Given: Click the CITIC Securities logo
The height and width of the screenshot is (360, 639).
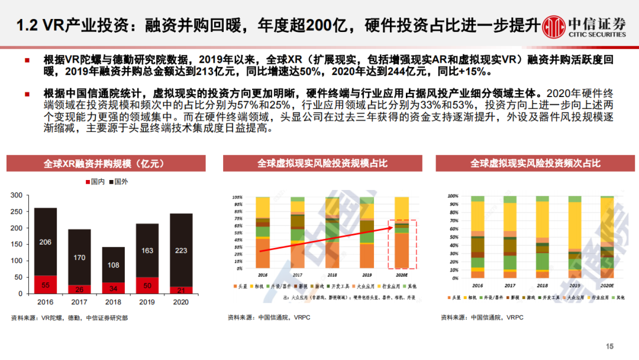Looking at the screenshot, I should (x=586, y=26).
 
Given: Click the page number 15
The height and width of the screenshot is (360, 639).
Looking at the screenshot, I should (x=611, y=346).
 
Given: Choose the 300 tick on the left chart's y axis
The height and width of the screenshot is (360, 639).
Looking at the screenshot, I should (x=17, y=195).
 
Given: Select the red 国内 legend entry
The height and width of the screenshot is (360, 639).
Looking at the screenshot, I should (x=97, y=182).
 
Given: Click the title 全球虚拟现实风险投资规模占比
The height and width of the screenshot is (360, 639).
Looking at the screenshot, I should (x=322, y=163).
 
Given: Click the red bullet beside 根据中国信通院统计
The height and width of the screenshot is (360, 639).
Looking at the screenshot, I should (x=27, y=94).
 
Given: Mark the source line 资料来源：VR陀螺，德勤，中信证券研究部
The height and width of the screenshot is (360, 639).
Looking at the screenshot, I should (x=69, y=318).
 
